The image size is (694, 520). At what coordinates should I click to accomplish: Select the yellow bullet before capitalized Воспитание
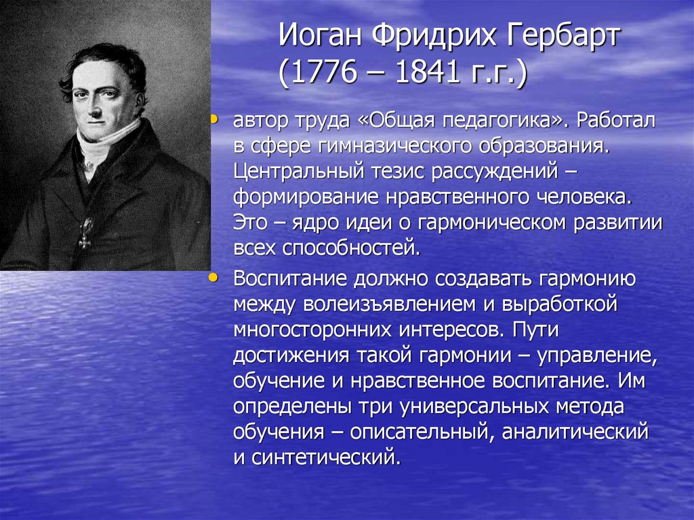tap(215, 277)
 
